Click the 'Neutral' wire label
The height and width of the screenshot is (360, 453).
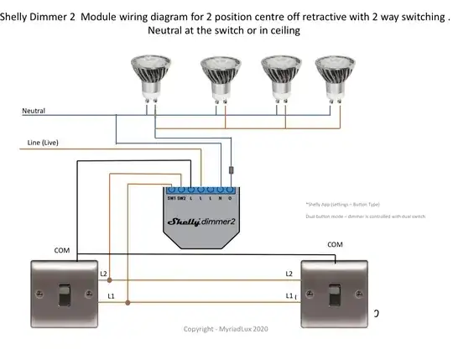tap(34, 111)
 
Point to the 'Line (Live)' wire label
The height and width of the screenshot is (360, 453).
tap(38, 143)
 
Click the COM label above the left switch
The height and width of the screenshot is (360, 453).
tap(62, 250)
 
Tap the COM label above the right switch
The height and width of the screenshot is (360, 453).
tap(335, 244)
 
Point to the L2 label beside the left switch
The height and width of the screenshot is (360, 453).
tap(104, 274)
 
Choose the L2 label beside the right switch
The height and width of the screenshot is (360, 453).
tap(289, 274)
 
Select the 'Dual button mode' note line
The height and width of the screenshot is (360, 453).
tap(366, 217)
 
